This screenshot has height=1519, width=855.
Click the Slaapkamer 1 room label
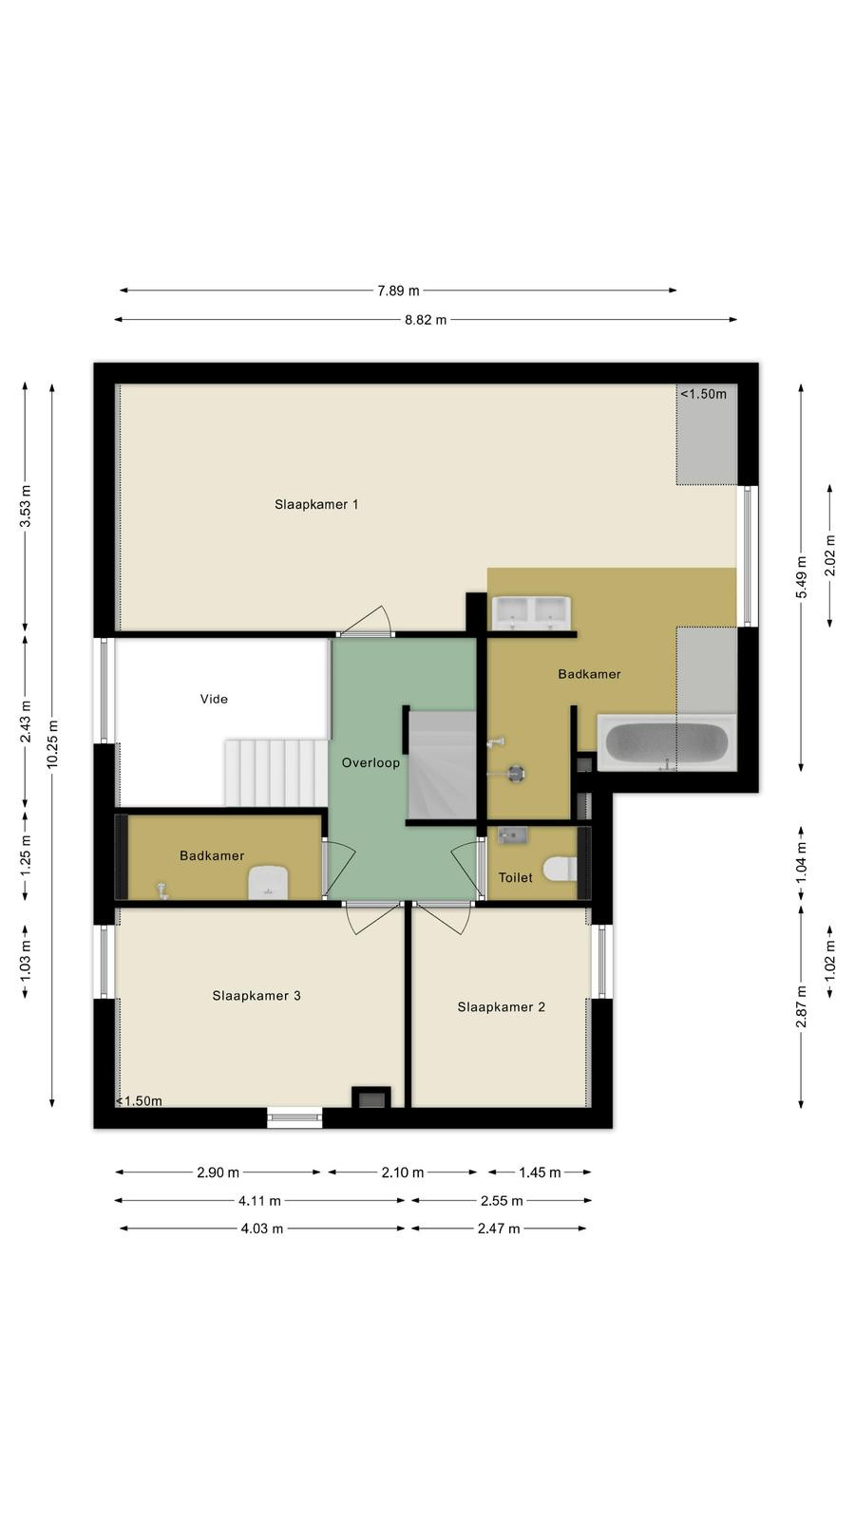coord(316,504)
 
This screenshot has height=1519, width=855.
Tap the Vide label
coord(214,699)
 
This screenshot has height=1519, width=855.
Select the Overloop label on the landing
coord(370,763)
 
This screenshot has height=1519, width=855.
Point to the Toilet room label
coord(515,877)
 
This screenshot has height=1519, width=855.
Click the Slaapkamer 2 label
coord(501,1007)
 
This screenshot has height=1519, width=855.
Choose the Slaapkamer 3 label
coord(256,996)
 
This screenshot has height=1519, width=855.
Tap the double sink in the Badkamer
coord(531,613)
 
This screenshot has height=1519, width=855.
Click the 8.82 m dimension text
coord(426,319)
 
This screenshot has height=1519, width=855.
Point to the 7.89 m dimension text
coord(398,291)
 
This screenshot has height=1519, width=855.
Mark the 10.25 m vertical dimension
coord(52,744)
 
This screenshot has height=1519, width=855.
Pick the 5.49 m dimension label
coord(802,576)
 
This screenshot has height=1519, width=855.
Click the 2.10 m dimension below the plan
coord(403,1172)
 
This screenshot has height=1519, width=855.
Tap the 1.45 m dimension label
coord(540,1172)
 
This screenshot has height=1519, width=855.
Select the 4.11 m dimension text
coord(259,1201)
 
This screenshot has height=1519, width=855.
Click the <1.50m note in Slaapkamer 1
coord(703,394)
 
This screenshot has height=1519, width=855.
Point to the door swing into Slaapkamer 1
coord(367,620)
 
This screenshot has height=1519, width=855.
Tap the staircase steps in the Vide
coord(276,773)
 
